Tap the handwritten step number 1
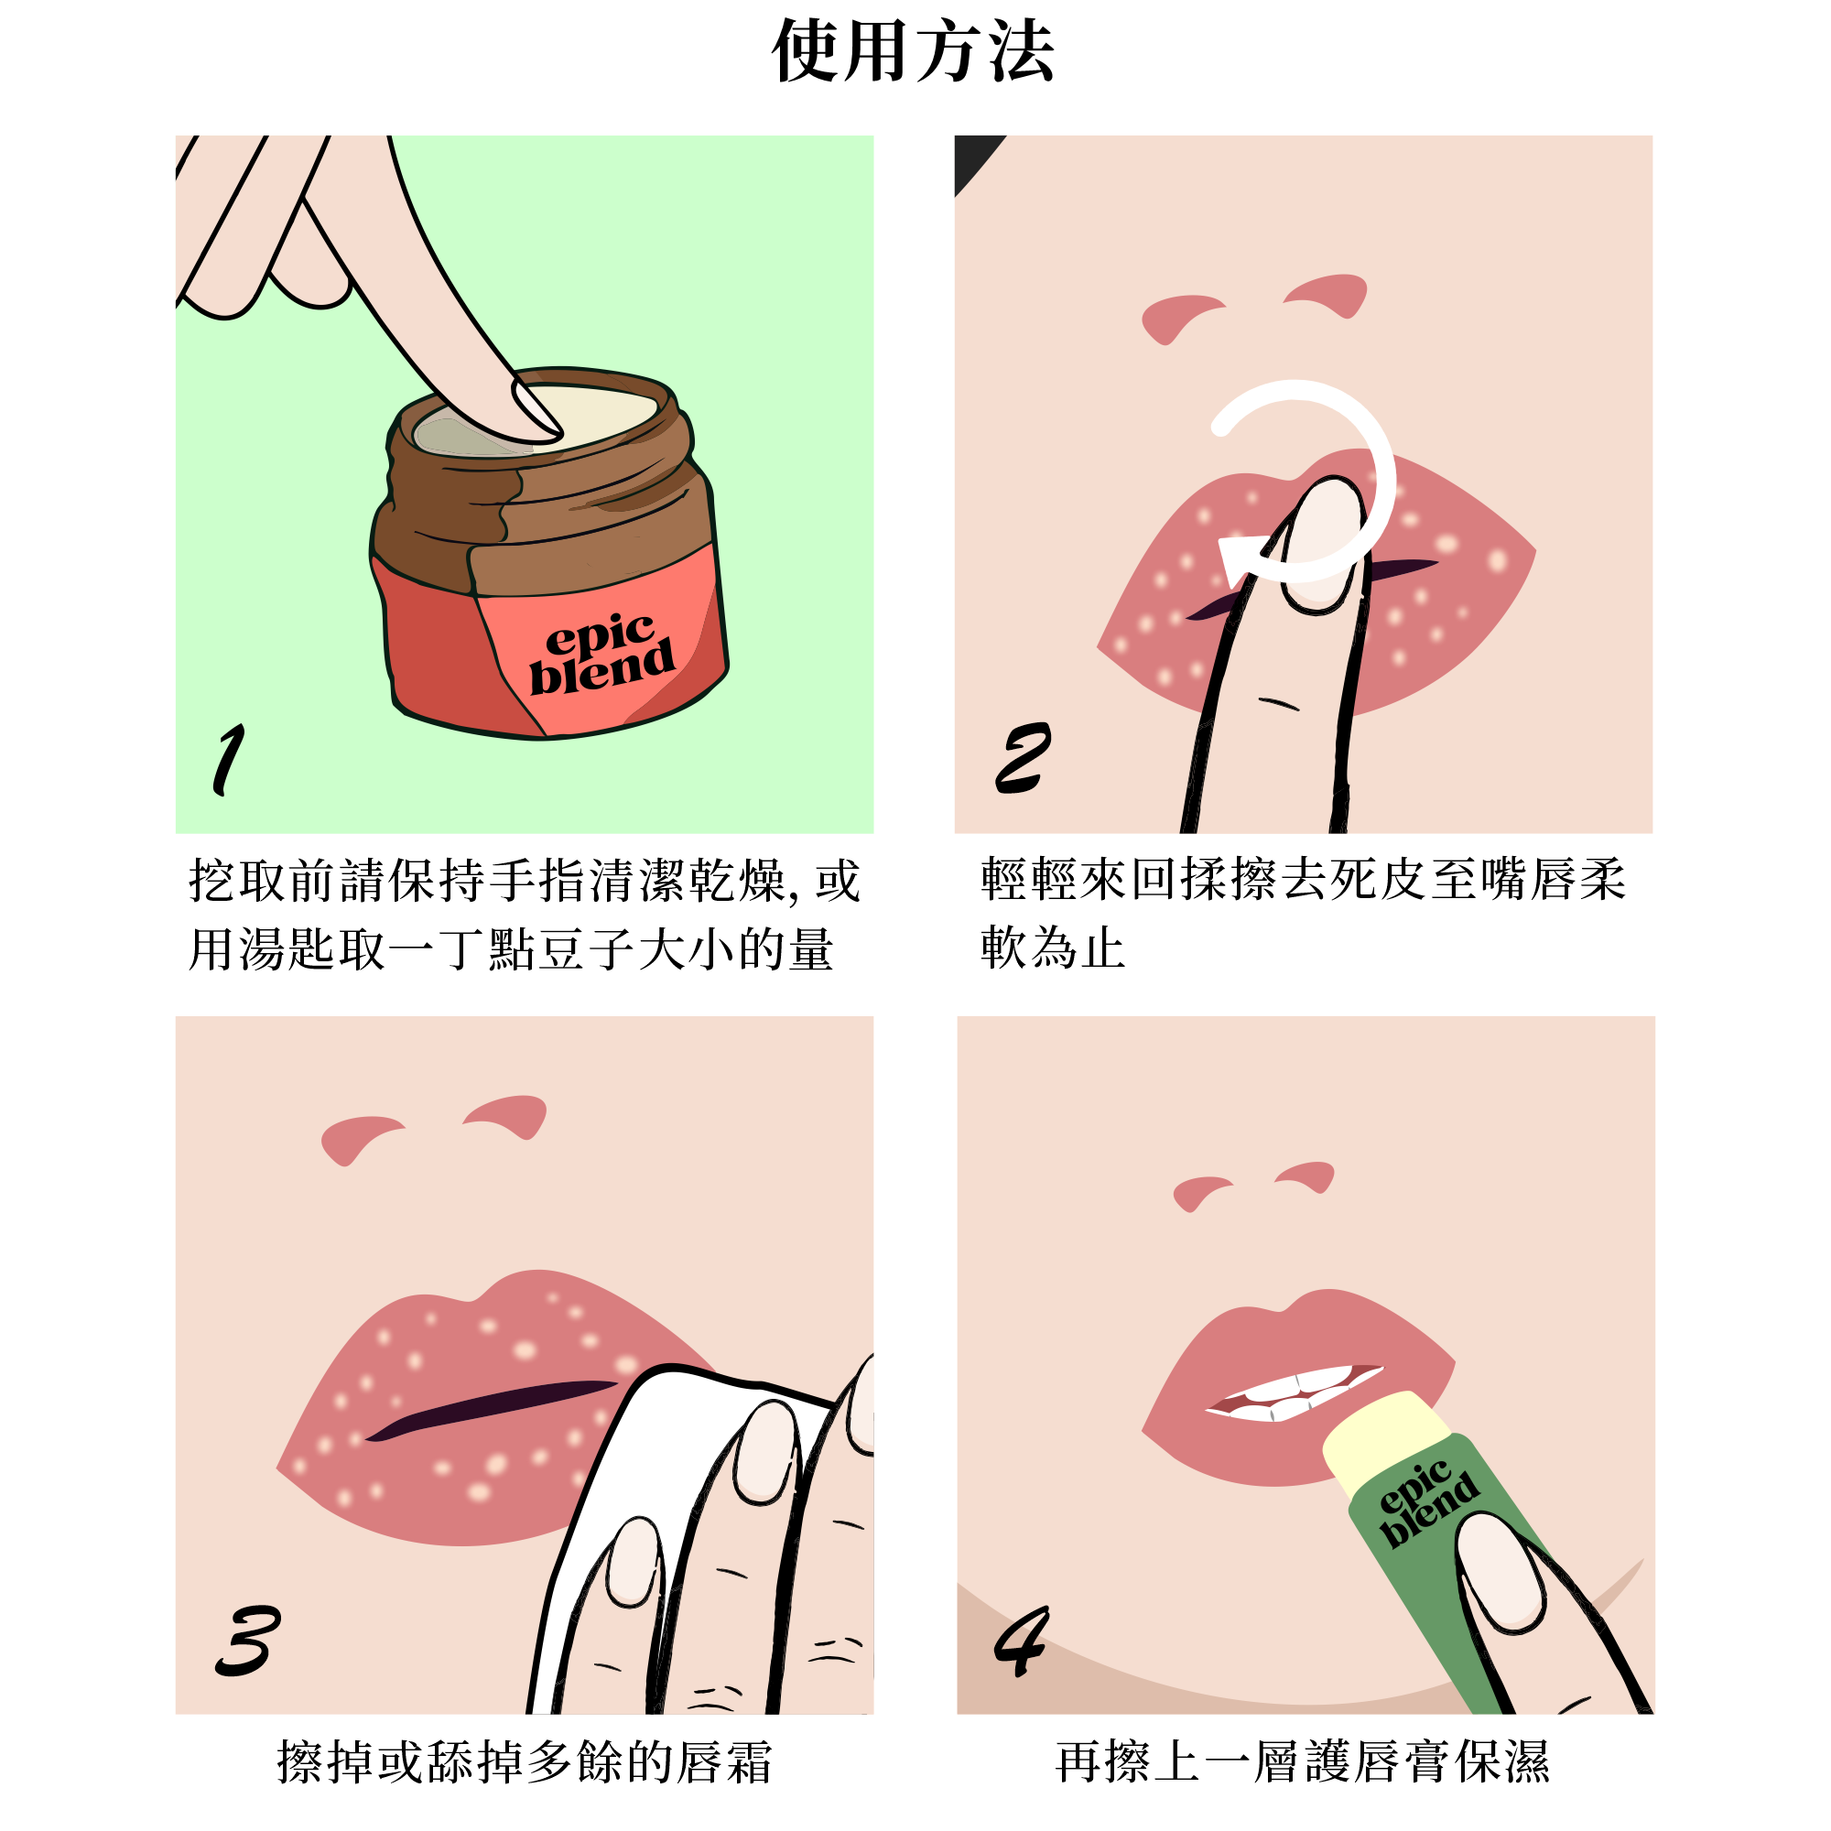(x=228, y=759)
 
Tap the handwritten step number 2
(x=1023, y=757)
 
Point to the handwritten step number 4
(x=1021, y=1641)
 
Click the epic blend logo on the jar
(x=601, y=653)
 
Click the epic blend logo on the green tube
(x=1427, y=1505)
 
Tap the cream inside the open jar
(x=588, y=417)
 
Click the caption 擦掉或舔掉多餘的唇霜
(x=524, y=1761)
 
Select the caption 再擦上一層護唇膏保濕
(x=1303, y=1761)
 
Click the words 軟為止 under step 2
(x=1052, y=948)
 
